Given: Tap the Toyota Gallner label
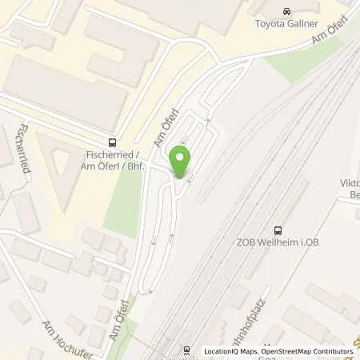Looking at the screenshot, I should (x=287, y=25).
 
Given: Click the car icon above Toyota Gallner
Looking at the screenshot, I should (x=287, y=11).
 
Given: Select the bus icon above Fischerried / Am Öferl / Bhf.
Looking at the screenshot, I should (x=113, y=138).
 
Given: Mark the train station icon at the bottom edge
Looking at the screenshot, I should (x=186, y=350).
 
